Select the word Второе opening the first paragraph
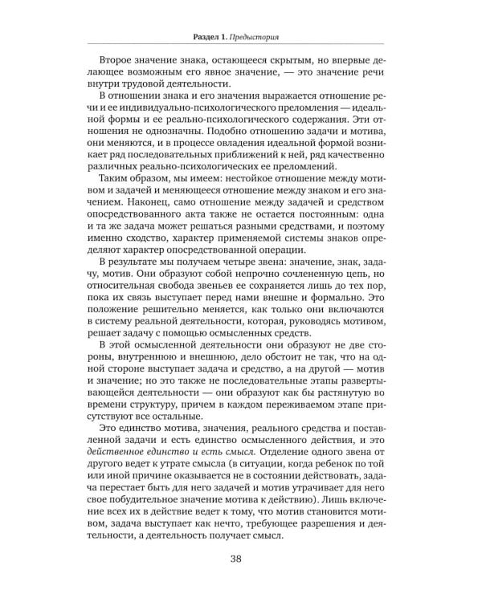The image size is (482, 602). pos(117,62)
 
